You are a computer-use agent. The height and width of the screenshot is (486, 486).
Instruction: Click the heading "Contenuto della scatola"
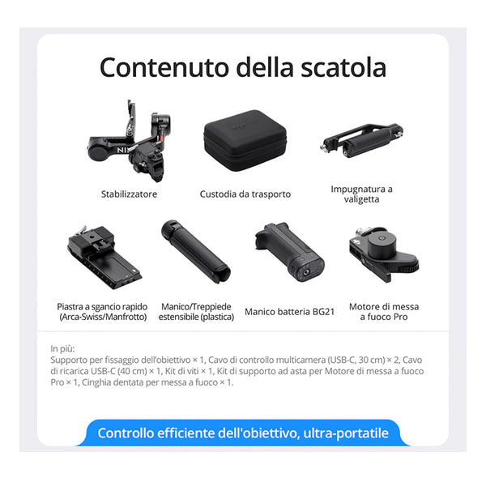[243, 67]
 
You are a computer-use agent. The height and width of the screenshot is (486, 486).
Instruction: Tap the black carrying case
[245, 140]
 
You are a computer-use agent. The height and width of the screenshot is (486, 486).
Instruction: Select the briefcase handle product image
[362, 140]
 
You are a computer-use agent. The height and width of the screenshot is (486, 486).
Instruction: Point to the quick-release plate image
[104, 257]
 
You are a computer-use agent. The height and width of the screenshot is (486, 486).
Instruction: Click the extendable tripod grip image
[196, 251]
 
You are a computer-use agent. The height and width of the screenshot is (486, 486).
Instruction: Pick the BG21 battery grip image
[290, 252]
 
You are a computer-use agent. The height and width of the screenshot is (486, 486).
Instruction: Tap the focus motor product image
[384, 255]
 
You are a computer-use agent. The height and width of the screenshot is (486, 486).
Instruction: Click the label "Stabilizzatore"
[129, 194]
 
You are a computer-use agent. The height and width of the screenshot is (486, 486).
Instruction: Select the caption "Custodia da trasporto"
[245, 194]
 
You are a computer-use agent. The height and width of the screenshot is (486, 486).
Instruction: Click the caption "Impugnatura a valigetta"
[362, 194]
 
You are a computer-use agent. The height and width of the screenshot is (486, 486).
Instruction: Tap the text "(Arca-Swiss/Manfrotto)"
[103, 317]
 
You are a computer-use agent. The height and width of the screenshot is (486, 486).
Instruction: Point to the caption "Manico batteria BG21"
[290, 312]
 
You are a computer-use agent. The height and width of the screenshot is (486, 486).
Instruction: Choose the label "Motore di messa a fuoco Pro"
[384, 312]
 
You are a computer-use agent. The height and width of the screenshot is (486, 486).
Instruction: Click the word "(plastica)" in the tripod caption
[217, 317]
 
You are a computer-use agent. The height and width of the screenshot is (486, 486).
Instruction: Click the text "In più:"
[62, 348]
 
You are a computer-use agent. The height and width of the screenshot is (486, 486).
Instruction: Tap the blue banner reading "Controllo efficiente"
[243, 433]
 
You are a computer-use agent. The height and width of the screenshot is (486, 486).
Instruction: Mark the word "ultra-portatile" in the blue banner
[346, 433]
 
